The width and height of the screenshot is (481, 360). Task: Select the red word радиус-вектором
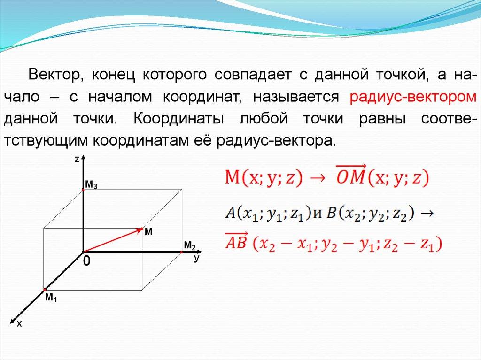point(413,97)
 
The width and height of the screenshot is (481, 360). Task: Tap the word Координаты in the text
point(178,119)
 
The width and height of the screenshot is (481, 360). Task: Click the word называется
point(296,97)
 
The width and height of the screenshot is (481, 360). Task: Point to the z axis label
point(77,160)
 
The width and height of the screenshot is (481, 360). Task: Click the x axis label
point(19,323)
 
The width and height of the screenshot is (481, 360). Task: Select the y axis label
point(197,259)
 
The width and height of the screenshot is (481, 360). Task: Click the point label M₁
point(51,298)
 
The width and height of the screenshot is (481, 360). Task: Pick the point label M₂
point(190,245)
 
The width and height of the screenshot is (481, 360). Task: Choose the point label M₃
point(91,185)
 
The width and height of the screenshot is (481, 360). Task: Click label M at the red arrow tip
point(148,232)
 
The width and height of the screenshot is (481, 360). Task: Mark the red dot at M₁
point(45,290)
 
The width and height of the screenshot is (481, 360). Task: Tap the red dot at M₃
point(83,190)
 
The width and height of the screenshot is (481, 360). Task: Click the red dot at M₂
point(182,252)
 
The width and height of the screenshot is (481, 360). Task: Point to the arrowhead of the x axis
point(13,321)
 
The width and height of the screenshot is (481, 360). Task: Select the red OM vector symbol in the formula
point(350,175)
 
